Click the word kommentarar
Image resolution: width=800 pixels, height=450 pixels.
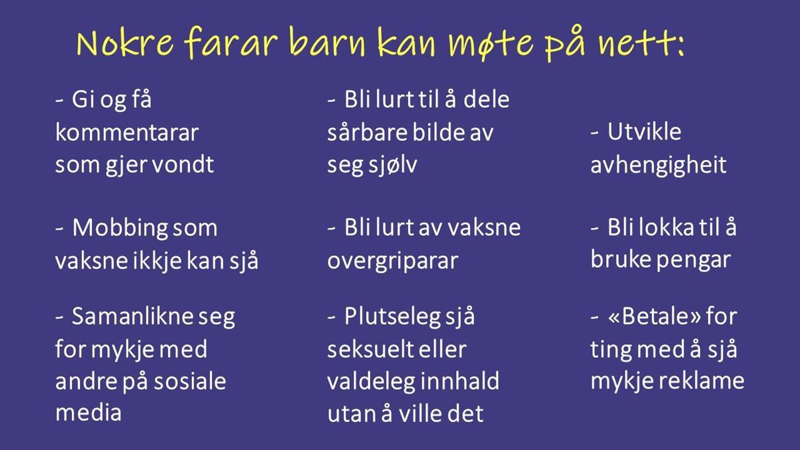tap(127, 133)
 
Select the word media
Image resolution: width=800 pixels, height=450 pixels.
tap(89, 413)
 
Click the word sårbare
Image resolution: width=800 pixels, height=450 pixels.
tap(367, 133)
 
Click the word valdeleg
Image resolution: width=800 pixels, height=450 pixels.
tap(371, 381)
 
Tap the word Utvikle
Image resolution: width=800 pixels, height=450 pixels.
tap(644, 131)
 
